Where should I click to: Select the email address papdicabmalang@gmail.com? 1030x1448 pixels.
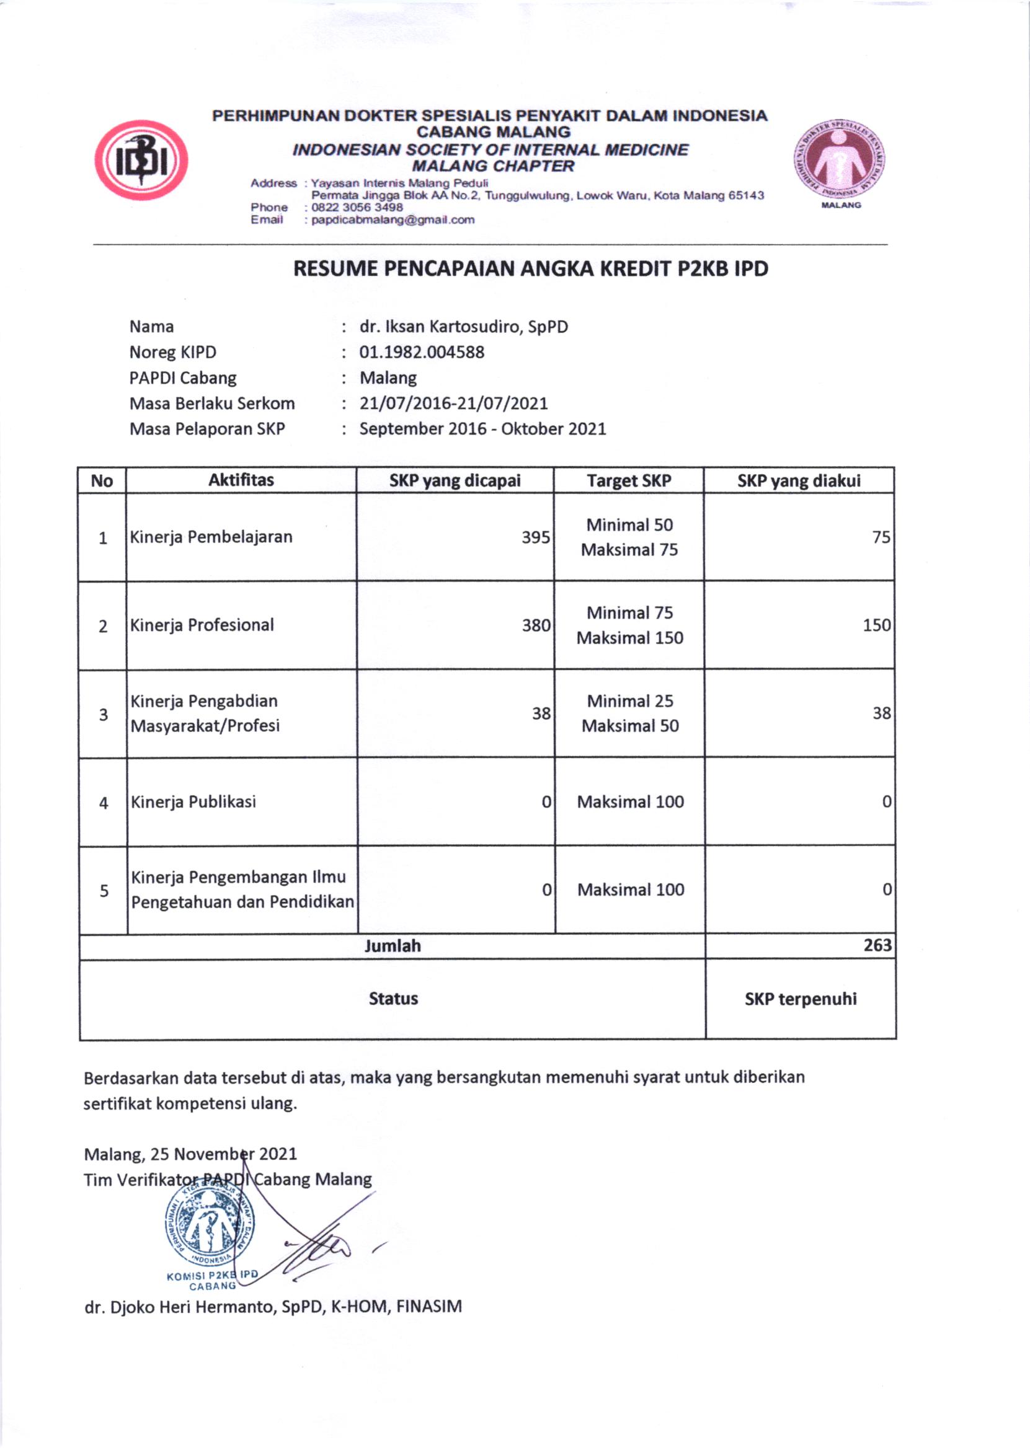click(x=393, y=220)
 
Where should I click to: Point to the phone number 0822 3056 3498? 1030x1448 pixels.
click(x=357, y=207)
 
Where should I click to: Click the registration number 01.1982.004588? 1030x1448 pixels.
click(x=422, y=352)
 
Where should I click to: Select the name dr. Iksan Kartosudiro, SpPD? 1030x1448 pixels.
click(x=464, y=327)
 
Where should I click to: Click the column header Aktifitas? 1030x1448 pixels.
click(x=241, y=480)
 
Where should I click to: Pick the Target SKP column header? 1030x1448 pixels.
click(x=629, y=480)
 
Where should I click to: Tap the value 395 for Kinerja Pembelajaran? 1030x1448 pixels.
click(x=535, y=537)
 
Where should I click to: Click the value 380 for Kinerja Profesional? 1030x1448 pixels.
click(x=535, y=625)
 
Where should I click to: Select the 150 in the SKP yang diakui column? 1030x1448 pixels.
click(x=876, y=625)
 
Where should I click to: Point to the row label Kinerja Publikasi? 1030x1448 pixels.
click(x=193, y=801)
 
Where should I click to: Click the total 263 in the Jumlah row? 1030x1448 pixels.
click(x=877, y=945)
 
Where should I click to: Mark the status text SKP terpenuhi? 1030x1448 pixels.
click(x=801, y=999)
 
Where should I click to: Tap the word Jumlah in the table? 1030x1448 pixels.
click(x=393, y=945)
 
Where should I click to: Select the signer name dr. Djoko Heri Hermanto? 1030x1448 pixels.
click(x=273, y=1306)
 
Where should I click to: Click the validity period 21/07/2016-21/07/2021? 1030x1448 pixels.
click(x=453, y=403)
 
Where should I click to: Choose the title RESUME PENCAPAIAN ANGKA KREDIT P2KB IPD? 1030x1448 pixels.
click(x=530, y=269)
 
